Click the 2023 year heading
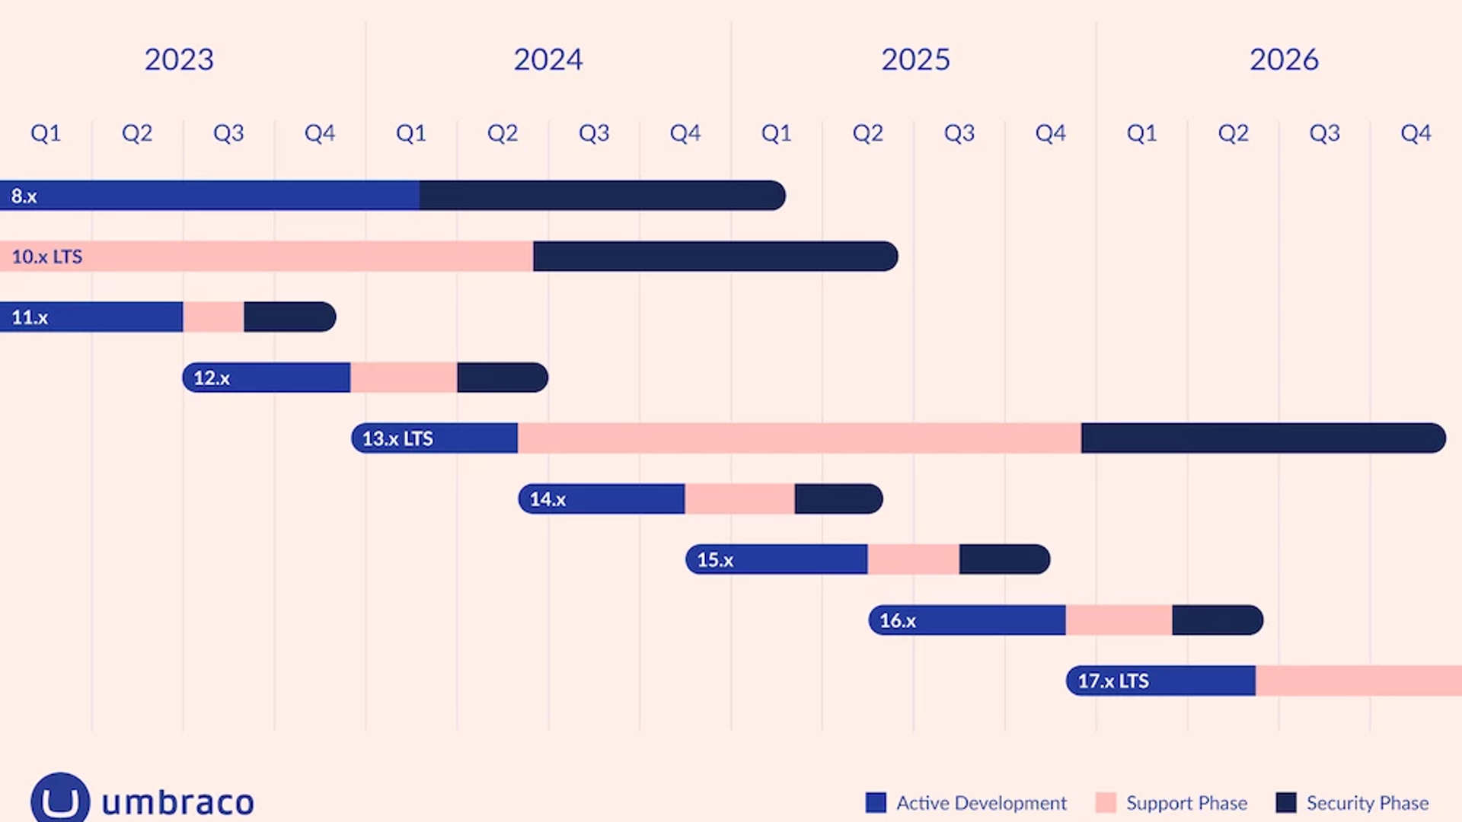pos(179,59)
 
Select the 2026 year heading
pos(1284,59)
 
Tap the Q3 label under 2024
pos(594,133)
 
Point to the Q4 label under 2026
pos(1416,133)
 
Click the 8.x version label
pos(24,196)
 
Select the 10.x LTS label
pos(47,256)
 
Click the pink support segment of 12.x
pos(404,378)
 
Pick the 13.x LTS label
pos(397,438)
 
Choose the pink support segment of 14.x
pos(739,499)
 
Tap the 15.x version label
pos(715,559)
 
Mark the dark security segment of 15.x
pos(1004,559)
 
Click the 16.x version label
pos(898,620)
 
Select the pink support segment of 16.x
pos(1119,620)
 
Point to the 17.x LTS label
pos(1113,680)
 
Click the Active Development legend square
pos(876,802)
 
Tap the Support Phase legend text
pos(1186,803)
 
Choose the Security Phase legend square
pos(1286,802)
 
